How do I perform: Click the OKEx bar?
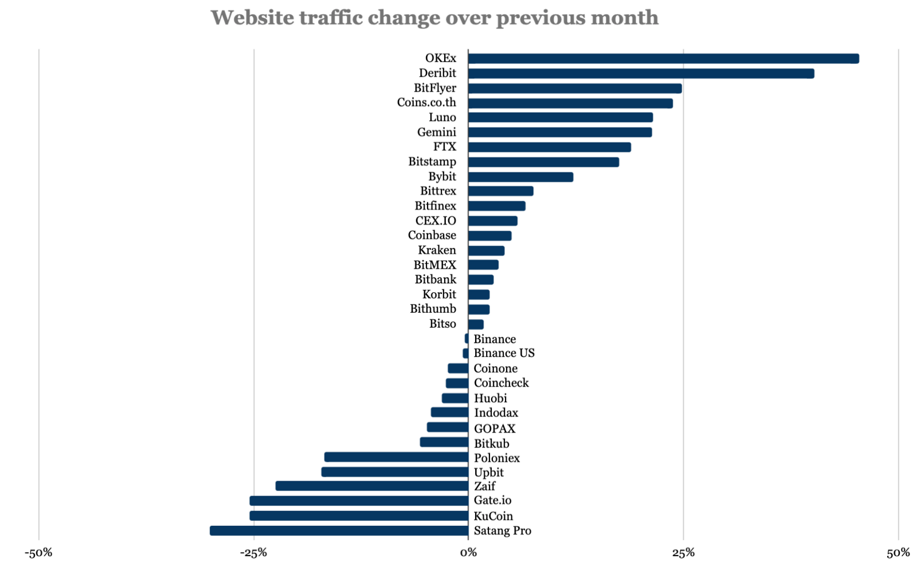(663, 58)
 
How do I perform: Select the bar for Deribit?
(641, 73)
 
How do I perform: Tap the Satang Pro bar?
(339, 530)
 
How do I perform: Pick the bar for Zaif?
(372, 486)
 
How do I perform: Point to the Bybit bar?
(520, 177)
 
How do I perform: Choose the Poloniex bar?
(396, 457)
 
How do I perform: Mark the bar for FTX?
(549, 147)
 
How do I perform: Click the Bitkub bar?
(444, 442)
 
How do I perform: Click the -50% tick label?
(38, 553)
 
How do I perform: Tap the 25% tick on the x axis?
(683, 553)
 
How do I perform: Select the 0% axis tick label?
(468, 553)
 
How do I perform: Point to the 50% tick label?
(898, 553)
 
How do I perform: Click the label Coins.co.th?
(426, 103)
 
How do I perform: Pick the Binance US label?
(504, 353)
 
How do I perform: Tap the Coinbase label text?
(432, 235)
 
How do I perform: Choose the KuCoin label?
(493, 516)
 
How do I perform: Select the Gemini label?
(436, 132)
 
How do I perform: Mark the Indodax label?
(496, 413)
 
